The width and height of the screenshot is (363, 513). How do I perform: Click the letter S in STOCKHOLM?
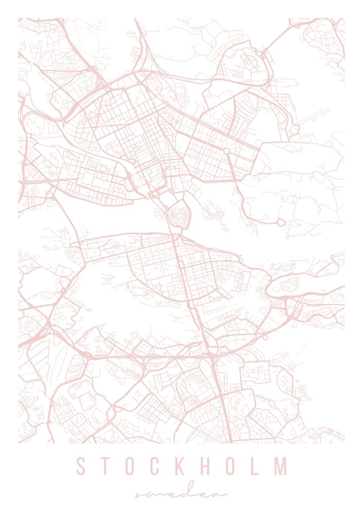[x=82, y=466]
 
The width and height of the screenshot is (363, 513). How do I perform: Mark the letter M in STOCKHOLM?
[x=280, y=466]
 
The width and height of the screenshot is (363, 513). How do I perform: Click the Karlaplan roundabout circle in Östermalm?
[x=226, y=151]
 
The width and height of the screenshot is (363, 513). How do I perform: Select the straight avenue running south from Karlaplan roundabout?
[x=233, y=169]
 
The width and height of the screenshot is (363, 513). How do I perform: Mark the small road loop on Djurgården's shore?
[x=280, y=222]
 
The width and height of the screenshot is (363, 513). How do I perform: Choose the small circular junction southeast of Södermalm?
[x=265, y=337]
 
